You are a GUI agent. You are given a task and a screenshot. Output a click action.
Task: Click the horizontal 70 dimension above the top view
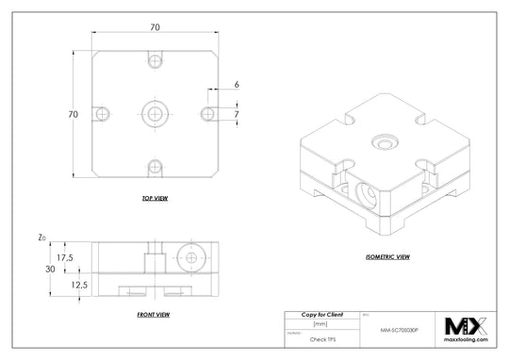[x=155, y=28]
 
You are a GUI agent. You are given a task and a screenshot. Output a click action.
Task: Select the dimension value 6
[x=237, y=85]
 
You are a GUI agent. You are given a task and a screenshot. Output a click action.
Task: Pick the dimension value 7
[x=237, y=113]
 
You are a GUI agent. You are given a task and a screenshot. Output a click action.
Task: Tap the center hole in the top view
[x=155, y=113]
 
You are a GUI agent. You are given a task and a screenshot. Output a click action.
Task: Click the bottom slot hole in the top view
[x=155, y=168]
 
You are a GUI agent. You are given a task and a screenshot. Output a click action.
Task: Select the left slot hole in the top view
[x=101, y=113]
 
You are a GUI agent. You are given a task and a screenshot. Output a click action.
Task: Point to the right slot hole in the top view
[x=208, y=113]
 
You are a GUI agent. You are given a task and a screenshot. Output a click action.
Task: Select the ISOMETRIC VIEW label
[x=386, y=256]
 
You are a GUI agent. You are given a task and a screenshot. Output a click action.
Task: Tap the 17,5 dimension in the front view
[x=65, y=255]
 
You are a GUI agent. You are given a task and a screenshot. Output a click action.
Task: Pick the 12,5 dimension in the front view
[x=65, y=284]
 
